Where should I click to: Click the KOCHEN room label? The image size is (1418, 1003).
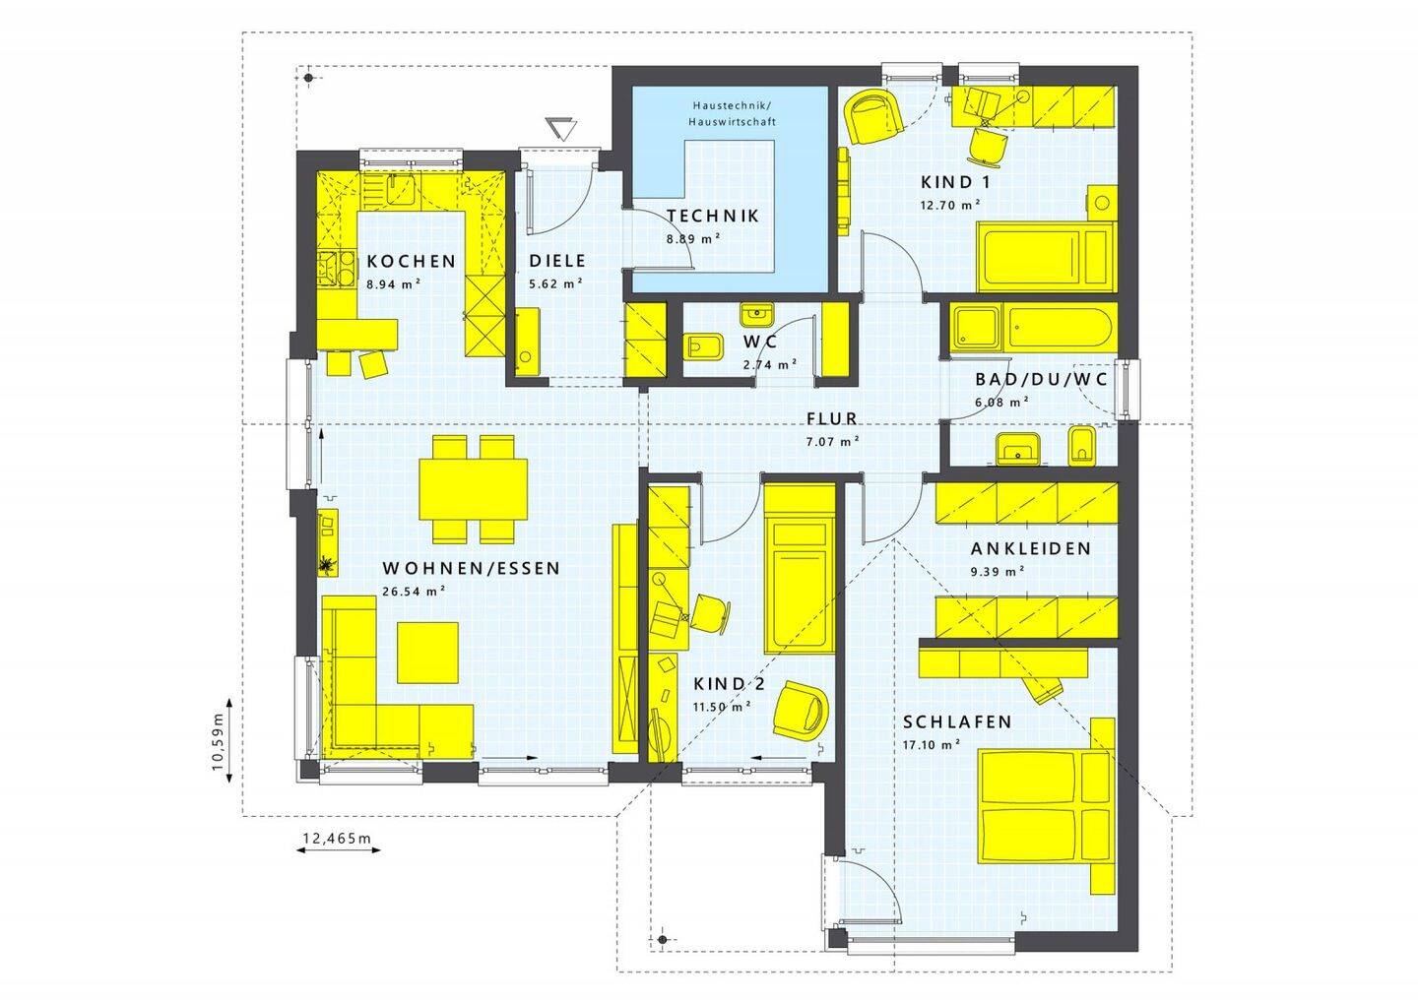412,262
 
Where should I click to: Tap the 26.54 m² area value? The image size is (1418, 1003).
414,592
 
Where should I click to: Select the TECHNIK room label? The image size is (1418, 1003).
713,216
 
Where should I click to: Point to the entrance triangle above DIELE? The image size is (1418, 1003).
562,128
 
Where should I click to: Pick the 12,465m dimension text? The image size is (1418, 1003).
338,839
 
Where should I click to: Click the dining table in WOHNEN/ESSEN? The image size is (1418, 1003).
473,490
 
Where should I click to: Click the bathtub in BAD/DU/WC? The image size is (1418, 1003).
1059,329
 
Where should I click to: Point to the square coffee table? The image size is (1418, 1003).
428,652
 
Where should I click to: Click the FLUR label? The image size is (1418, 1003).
832,419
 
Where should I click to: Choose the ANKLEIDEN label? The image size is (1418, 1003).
1031,548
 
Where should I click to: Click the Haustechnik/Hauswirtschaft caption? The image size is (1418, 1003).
733,113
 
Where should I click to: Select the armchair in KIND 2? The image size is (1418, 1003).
800,708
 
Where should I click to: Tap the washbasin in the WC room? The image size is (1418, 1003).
756,313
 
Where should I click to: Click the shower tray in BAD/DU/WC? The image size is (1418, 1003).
977,329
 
